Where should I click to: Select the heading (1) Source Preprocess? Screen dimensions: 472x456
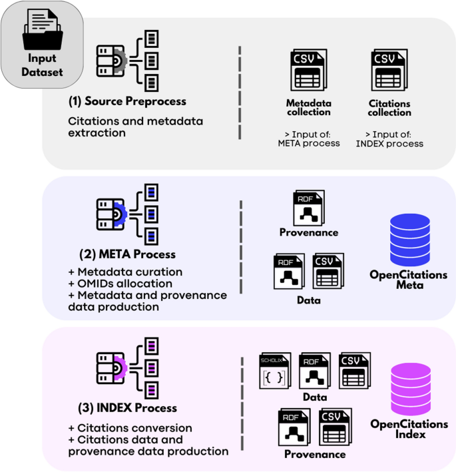pyautogui.click(x=127, y=101)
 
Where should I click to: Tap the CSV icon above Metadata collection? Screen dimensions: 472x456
pyautogui.click(x=308, y=71)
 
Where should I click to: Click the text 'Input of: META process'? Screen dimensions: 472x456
pyautogui.click(x=308, y=138)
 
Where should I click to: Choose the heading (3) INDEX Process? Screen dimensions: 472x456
pyautogui.click(x=122, y=407)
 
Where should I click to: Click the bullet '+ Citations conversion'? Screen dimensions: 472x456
pyautogui.click(x=130, y=428)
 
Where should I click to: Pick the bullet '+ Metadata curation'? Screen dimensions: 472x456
pyautogui.click(x=125, y=272)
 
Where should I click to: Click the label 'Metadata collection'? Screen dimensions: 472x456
pyautogui.click(x=308, y=108)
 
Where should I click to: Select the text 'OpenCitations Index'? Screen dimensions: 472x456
pyautogui.click(x=408, y=429)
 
